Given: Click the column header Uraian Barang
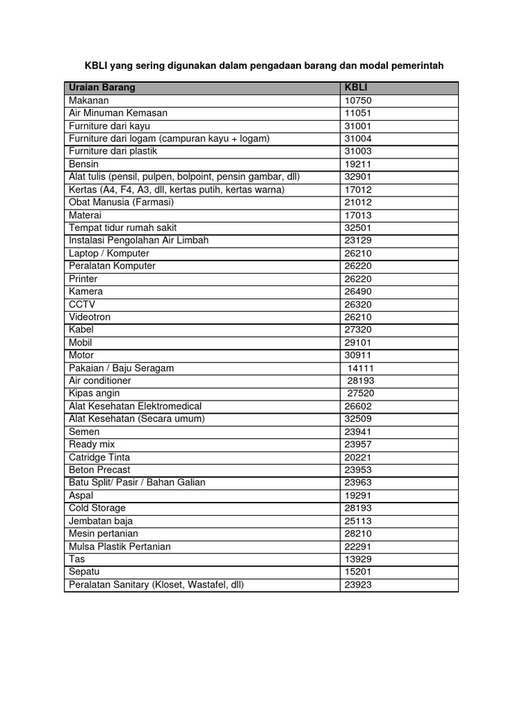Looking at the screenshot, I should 102,88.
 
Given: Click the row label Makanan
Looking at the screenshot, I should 89,101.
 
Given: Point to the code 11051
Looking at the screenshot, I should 358,113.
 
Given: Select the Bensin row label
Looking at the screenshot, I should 84,164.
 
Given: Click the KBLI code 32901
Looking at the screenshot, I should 358,176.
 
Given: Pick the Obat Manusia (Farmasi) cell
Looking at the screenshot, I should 121,202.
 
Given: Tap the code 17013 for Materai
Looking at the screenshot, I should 358,215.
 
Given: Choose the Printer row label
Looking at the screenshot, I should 83,279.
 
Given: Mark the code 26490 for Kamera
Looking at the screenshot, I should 358,292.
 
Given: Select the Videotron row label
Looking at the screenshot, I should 90,317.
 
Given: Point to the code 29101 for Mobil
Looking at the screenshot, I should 358,343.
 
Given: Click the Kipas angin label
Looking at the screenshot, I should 94,393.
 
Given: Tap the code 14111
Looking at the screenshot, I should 360,368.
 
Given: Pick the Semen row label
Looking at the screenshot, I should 84,432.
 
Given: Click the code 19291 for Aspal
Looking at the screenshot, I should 358,495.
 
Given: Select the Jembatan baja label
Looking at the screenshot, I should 97,521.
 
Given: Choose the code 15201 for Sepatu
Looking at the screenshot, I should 358,572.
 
